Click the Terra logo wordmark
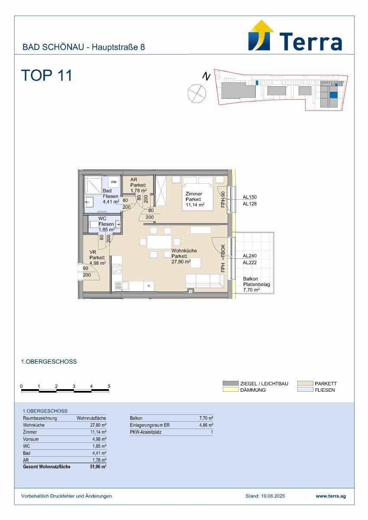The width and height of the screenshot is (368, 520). pos(311,42)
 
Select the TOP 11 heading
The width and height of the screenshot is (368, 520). pos(47,75)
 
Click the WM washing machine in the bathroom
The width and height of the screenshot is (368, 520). pos(114,182)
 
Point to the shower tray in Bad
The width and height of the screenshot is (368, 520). pos(93,185)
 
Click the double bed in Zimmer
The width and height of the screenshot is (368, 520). pos(198,194)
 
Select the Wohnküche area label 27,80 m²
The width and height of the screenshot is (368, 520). pos(181,262)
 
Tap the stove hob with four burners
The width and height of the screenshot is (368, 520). pos(117,269)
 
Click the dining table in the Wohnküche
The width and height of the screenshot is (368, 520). pos(159,242)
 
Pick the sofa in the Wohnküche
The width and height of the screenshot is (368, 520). pos(205,281)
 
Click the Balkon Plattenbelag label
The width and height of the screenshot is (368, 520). pos(257,282)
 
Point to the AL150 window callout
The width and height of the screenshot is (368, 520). pos(250,197)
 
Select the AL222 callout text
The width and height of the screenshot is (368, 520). pos(250,263)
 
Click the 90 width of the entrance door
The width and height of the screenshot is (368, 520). pos(85,268)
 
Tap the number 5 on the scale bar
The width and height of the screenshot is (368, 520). pos(109,386)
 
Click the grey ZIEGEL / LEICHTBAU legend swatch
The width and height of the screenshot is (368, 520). pos(231,383)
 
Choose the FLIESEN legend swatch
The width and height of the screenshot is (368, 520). pos(305,390)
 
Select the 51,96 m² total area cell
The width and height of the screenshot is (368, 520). pos(98,467)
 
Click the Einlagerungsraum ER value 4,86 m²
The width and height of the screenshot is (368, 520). pos(206,425)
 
